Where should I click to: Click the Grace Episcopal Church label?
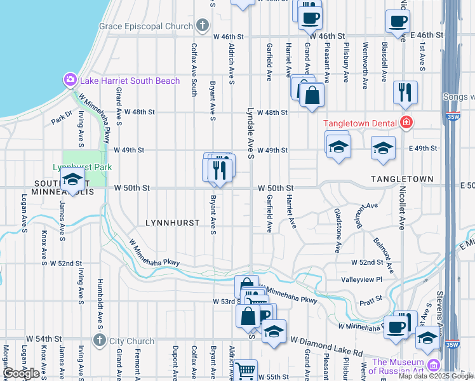[x=145, y=26]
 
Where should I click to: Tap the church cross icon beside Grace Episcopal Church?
[x=202, y=26]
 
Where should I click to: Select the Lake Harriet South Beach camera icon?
[x=69, y=80]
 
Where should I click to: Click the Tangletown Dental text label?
[x=359, y=123]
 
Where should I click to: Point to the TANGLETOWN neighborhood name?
[x=402, y=180]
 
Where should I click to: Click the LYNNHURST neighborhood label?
[x=173, y=224]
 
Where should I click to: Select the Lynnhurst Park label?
[x=82, y=167]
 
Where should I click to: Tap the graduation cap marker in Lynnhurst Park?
[x=73, y=179]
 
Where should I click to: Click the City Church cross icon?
[x=98, y=341]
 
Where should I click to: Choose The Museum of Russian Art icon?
[x=434, y=365]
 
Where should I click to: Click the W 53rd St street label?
[x=225, y=301]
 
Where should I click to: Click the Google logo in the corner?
[x=21, y=373]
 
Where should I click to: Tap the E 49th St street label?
[x=424, y=149]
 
